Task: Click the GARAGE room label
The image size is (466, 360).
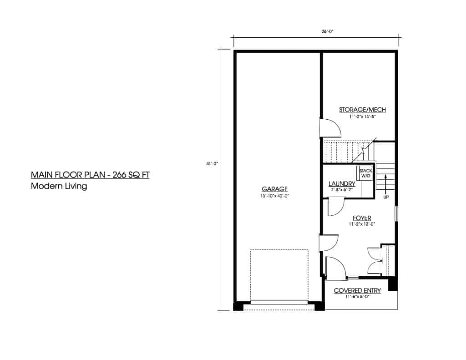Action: [274, 189]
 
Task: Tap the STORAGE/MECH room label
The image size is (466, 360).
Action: [362, 110]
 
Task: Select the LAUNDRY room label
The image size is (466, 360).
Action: [342, 184]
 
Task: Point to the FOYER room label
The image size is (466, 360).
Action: [362, 218]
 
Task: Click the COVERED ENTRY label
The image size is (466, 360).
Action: [357, 290]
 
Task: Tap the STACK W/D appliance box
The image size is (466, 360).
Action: [365, 173]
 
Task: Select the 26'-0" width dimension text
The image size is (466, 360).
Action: [328, 31]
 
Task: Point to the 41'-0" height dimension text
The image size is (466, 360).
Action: [212, 163]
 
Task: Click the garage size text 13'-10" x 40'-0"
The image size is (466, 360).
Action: [274, 196]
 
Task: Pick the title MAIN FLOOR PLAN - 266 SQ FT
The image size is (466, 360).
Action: [90, 175]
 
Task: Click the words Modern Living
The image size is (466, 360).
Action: [59, 186]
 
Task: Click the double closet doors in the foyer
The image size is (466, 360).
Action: [375, 260]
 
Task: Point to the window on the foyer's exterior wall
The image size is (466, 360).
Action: [396, 213]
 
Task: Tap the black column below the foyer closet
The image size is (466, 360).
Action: [393, 284]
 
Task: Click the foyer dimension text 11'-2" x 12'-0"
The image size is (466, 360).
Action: [362, 224]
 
